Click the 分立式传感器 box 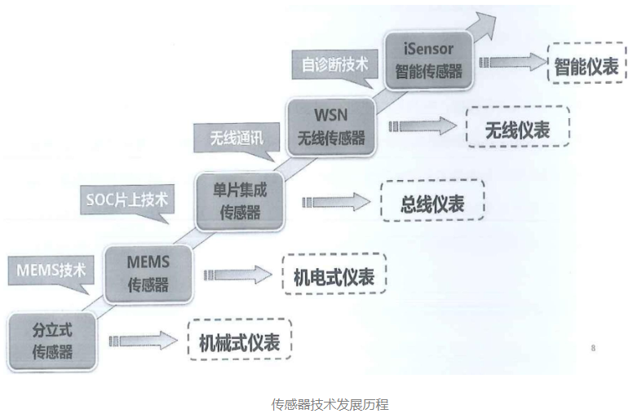[52, 341]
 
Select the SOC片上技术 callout [126, 198]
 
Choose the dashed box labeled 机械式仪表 [239, 342]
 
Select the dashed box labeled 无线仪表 [517, 129]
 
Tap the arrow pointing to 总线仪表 [336, 201]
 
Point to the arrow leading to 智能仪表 [511, 62]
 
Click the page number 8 [593, 349]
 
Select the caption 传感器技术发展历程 [330, 404]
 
